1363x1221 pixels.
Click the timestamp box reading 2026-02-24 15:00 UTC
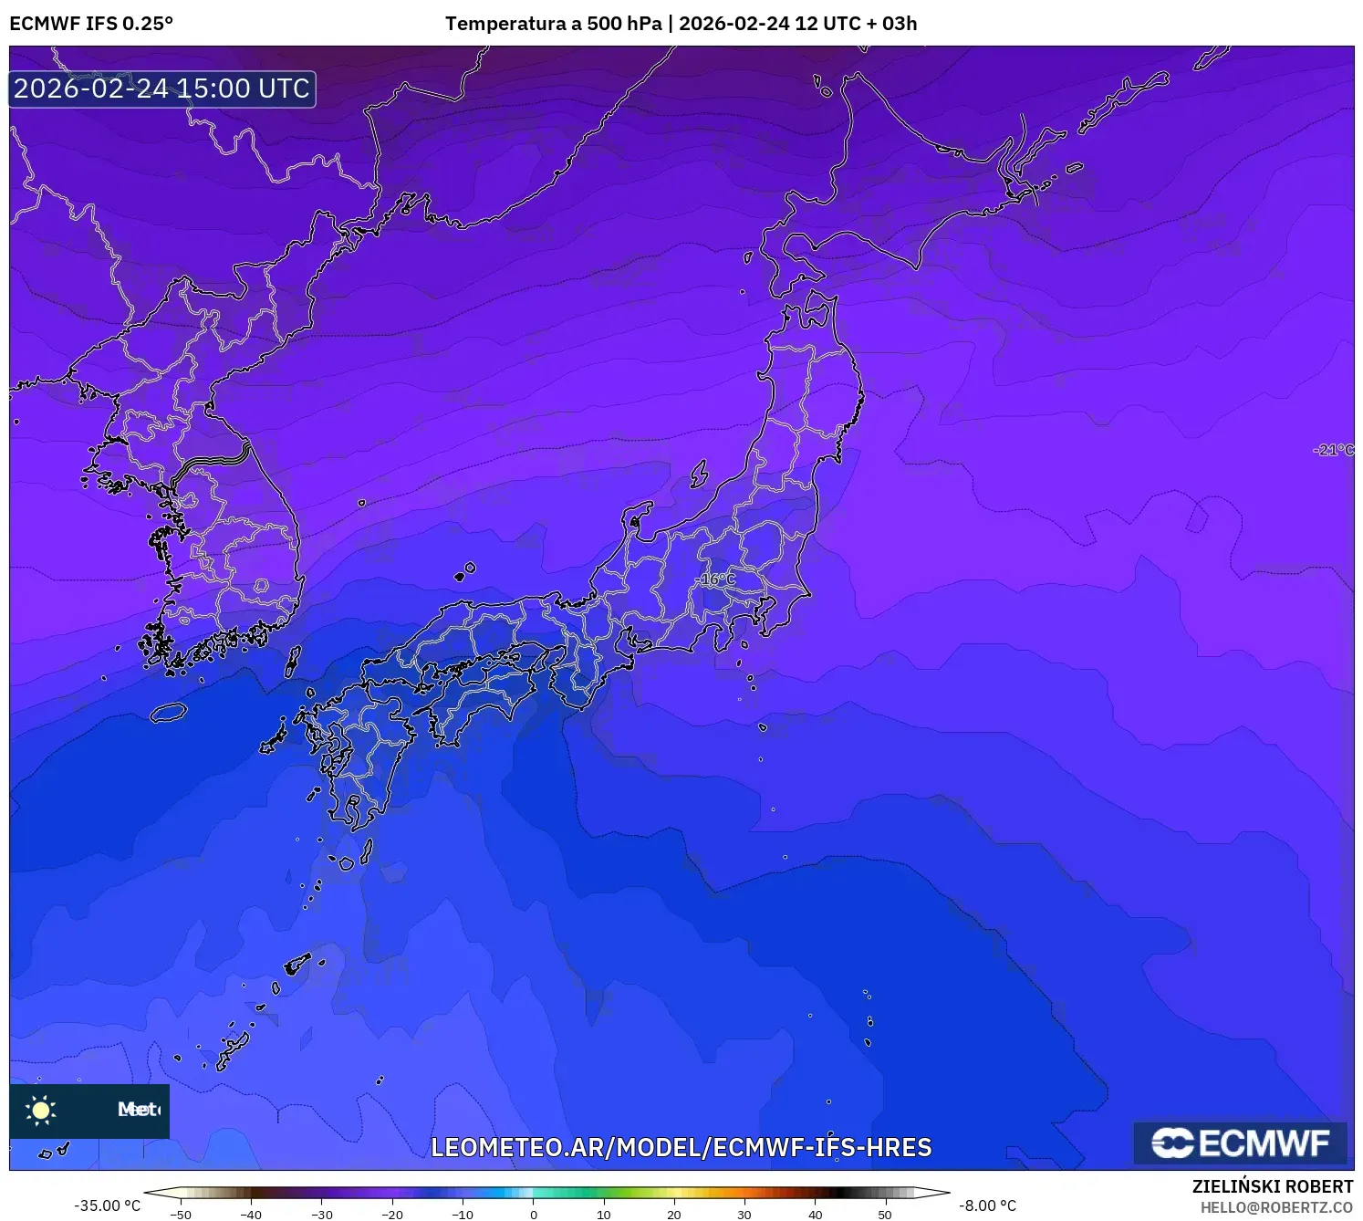point(162,89)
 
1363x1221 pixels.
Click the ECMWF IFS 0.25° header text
point(91,24)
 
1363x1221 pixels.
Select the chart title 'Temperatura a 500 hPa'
point(553,24)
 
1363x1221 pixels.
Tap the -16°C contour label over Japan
point(716,579)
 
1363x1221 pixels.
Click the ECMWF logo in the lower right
point(1241,1143)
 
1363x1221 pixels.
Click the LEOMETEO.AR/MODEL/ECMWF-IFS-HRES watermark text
point(681,1147)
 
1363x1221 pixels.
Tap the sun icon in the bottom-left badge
point(41,1110)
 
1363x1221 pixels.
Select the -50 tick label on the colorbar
point(181,1215)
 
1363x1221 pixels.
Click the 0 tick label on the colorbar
point(534,1215)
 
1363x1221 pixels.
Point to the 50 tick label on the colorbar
point(885,1215)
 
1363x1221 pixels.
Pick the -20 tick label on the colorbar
point(392,1215)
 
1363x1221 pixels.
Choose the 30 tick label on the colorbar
point(744,1215)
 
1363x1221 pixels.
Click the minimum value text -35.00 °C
point(108,1205)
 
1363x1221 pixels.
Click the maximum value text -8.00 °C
point(987,1205)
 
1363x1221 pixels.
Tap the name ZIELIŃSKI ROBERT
point(1273,1186)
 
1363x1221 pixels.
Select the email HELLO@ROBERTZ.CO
point(1276,1207)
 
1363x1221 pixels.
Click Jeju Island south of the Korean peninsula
point(168,712)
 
